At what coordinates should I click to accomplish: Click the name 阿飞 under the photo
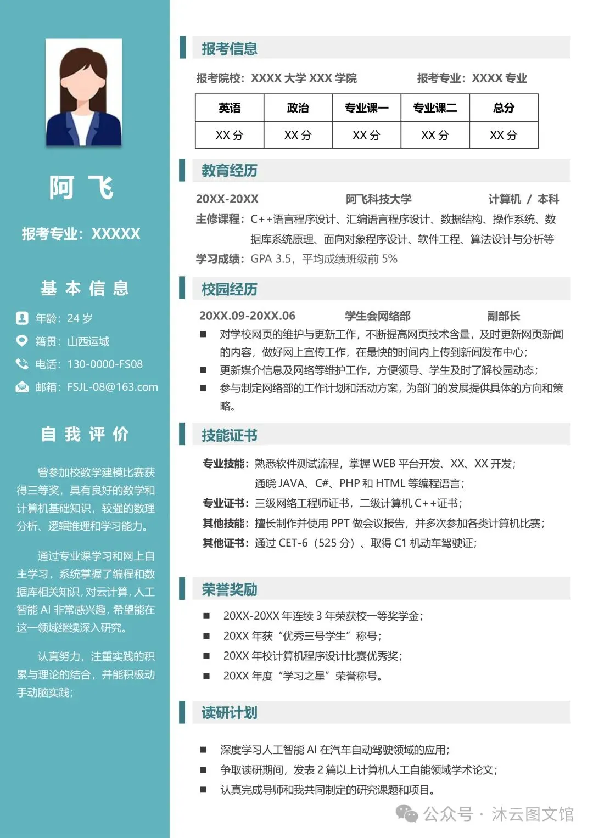82,188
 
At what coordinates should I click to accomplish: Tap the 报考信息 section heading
230,49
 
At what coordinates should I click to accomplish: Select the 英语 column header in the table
230,108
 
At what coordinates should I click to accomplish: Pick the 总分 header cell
504,108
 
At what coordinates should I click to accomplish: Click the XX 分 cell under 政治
298,135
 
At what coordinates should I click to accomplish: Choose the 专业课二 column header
435,108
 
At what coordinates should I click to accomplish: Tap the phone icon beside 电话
22,364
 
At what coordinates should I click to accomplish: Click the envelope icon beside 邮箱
22,387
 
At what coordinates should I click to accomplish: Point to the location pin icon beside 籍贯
22,341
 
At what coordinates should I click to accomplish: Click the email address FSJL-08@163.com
113,387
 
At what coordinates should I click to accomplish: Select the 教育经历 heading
230,171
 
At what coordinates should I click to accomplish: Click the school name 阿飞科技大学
378,199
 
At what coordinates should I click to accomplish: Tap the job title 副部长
503,316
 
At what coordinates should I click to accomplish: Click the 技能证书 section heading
230,436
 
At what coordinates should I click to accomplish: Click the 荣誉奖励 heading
230,590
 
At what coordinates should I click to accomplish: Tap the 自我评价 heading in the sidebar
85,435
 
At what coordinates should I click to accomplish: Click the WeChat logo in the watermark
407,813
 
